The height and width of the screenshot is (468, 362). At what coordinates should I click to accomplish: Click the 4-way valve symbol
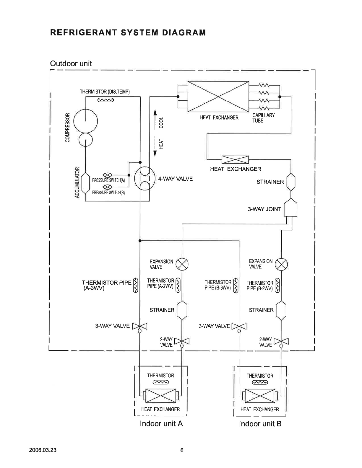coord(145,178)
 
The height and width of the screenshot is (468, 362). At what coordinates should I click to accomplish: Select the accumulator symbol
coord(85,183)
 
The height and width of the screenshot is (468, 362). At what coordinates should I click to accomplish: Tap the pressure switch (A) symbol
coord(108,175)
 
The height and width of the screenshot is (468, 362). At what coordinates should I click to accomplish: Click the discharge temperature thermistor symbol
coord(105,100)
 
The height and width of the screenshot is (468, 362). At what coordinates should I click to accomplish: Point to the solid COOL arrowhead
coord(155,113)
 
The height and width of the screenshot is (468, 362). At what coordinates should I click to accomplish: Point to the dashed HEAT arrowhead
coord(155,153)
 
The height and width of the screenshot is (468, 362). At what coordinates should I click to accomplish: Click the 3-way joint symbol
coord(290,207)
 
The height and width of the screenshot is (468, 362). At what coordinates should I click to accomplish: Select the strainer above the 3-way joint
coord(291,182)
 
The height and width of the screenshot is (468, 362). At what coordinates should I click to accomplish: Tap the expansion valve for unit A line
coord(182,264)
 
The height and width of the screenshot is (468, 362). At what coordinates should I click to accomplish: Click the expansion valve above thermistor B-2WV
coord(281,264)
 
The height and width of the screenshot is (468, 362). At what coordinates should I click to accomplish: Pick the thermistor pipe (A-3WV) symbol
coord(136,285)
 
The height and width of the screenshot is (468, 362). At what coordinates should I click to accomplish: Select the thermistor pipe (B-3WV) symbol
coord(236,285)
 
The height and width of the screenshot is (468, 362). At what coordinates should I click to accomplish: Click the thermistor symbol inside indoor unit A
coord(161,382)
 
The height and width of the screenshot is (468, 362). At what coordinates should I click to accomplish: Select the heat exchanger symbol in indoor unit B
coord(260,396)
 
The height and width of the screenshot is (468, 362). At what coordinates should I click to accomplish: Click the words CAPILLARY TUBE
coord(264,118)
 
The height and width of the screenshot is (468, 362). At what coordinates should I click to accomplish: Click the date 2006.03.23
coord(43,450)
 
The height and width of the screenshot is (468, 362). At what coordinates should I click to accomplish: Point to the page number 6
coord(182,450)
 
